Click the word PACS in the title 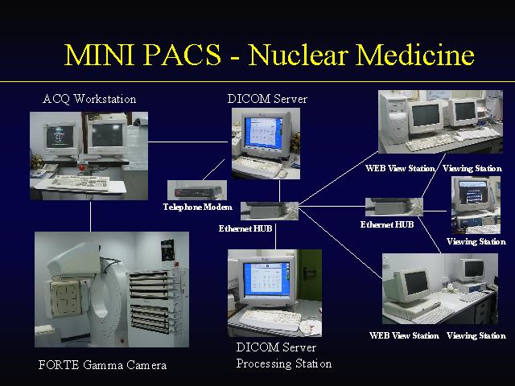point(183,55)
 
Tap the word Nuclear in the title point(299,55)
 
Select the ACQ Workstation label point(89,99)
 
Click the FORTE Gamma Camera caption point(102,364)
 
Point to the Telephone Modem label point(198,207)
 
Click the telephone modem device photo point(197,190)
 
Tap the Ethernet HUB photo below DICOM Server point(270,211)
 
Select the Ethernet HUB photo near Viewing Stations point(394,207)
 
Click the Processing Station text point(284,363)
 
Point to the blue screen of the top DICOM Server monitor point(264,132)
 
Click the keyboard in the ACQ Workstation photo point(80,182)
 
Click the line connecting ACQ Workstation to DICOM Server point(187,142)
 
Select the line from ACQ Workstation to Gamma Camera point(91,216)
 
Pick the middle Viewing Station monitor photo point(476,205)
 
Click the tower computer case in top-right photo point(393,119)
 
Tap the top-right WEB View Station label point(400,168)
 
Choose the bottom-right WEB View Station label point(404,335)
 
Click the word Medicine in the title point(415,55)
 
